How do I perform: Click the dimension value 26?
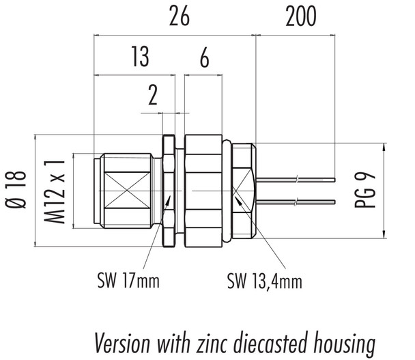(x=179, y=18)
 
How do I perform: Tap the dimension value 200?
(x=300, y=18)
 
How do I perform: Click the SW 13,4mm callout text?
(x=264, y=280)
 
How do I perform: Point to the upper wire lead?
(x=297, y=180)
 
